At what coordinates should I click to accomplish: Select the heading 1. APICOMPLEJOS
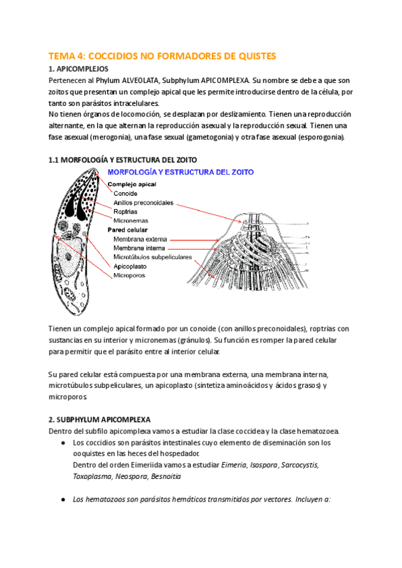(x=78, y=68)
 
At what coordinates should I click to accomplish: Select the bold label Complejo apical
(x=132, y=184)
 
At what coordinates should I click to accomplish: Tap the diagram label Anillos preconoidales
(x=143, y=202)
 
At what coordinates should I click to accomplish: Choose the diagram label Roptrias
(x=126, y=211)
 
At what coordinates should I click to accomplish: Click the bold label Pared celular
(x=127, y=229)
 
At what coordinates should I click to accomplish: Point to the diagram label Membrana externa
(x=140, y=238)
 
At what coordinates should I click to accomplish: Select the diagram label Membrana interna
(x=139, y=247)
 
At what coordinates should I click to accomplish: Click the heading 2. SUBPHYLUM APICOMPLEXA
(x=100, y=418)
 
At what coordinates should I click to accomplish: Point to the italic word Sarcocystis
(x=299, y=466)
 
